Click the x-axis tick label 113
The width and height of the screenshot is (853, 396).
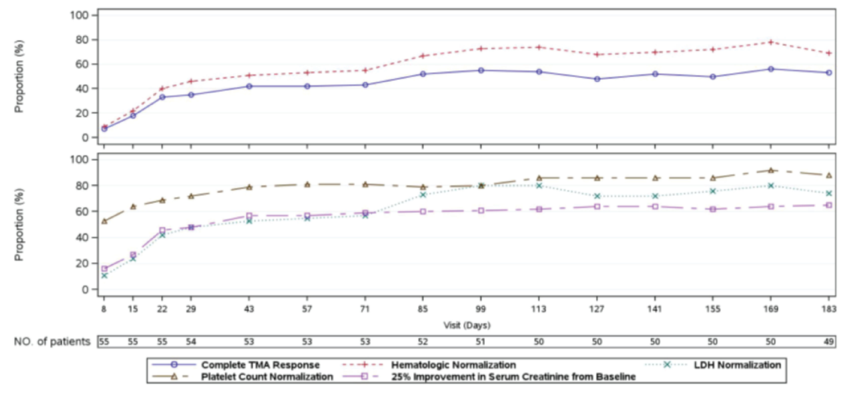click(x=539, y=309)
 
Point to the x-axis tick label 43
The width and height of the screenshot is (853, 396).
click(x=249, y=309)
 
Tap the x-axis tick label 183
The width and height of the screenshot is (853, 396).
click(x=829, y=309)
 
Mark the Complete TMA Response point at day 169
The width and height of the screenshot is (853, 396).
click(x=771, y=69)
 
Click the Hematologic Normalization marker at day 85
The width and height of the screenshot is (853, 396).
click(x=423, y=56)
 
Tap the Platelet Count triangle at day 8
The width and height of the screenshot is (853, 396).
click(x=104, y=221)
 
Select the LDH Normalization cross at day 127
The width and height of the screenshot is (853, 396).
click(x=597, y=196)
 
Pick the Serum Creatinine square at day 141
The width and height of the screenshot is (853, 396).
click(x=655, y=206)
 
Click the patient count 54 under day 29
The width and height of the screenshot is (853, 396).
click(x=191, y=342)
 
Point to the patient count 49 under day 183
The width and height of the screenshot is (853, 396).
click(x=829, y=342)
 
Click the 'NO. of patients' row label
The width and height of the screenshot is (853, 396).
click(x=52, y=342)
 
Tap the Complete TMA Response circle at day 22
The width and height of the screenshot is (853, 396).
click(x=162, y=97)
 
